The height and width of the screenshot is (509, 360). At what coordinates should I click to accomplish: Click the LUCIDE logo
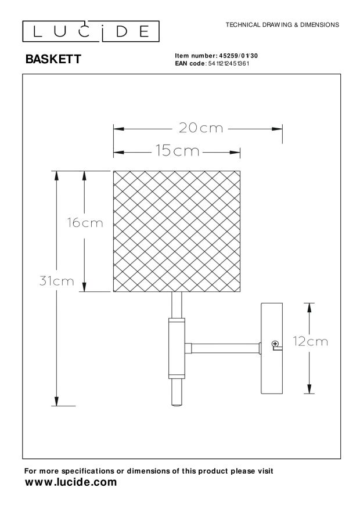coord(91,31)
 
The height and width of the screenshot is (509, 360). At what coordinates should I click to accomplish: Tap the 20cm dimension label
coord(201,128)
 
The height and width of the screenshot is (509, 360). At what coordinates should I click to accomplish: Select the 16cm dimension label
coord(85,223)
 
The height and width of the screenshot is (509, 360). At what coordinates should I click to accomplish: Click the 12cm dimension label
coord(310,342)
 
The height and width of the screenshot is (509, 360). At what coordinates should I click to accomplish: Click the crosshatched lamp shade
coord(177,231)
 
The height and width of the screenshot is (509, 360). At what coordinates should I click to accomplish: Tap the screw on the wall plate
coord(275,345)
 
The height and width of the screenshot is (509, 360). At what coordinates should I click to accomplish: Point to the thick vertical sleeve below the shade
coord(177,348)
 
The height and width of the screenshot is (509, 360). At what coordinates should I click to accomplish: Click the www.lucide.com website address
coord(70,482)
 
